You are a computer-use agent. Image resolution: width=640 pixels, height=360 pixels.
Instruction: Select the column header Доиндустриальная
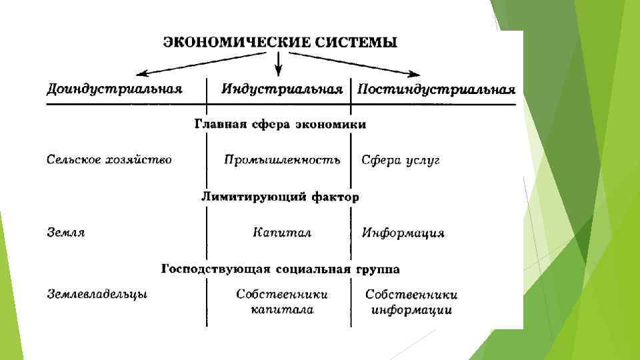click(x=115, y=89)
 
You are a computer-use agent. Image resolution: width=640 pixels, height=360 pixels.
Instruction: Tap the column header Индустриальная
click(x=282, y=89)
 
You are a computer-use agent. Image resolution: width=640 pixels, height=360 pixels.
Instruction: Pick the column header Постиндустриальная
click(x=436, y=89)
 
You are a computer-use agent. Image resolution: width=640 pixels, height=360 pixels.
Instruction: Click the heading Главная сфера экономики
click(x=280, y=124)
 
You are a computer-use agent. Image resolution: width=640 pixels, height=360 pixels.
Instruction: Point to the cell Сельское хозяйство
click(x=109, y=160)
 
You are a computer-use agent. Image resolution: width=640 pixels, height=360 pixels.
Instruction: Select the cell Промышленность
click(x=282, y=160)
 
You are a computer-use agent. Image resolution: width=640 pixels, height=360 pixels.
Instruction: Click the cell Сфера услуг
click(x=401, y=161)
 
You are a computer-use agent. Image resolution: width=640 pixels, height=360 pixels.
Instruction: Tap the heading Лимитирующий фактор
click(x=280, y=197)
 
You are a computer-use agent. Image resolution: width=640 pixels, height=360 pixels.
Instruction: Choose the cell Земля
click(x=66, y=233)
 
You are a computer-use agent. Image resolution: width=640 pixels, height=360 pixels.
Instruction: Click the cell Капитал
click(x=282, y=233)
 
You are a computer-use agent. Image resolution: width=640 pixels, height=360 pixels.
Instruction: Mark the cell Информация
click(x=403, y=233)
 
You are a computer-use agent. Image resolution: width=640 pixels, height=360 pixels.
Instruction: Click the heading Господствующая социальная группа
click(x=280, y=269)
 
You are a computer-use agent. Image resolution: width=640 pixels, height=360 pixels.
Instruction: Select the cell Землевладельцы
click(x=97, y=294)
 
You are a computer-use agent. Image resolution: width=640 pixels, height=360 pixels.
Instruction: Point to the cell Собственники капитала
click(x=282, y=301)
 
